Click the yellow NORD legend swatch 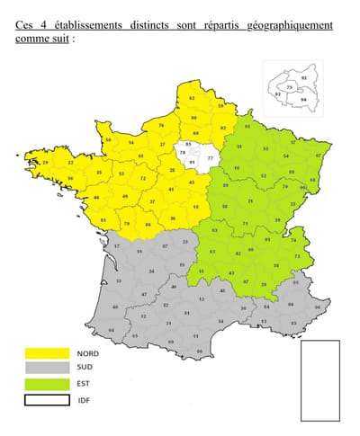[46, 354]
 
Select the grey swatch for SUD [46, 369]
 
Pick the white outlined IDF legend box [46, 399]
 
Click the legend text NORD [88, 354]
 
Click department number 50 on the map [109, 140]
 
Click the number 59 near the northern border [220, 106]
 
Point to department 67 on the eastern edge [318, 156]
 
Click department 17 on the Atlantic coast [116, 245]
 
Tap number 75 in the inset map [289, 86]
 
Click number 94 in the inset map [302, 100]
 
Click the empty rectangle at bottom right [319, 380]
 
